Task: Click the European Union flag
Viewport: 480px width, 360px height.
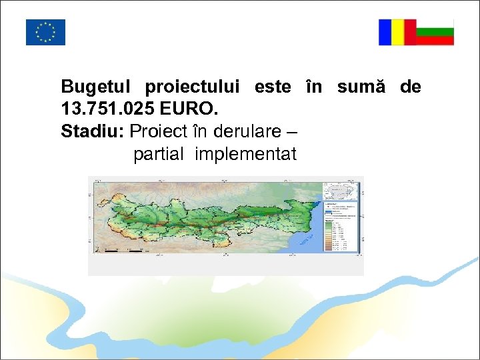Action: coord(45,32)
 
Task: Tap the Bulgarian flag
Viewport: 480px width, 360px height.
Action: coord(435,32)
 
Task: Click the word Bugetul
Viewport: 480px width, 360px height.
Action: coord(97,87)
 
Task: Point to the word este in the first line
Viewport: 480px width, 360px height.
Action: coord(272,87)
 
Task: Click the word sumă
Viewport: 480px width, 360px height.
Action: coord(361,87)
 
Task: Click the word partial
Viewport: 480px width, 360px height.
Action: coord(158,155)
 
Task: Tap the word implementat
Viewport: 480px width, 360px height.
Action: coord(245,155)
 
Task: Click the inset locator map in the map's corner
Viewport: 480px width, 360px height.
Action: coord(340,191)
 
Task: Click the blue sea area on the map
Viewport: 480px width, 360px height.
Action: coord(307,237)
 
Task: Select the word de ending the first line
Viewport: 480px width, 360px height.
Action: coord(411,87)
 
